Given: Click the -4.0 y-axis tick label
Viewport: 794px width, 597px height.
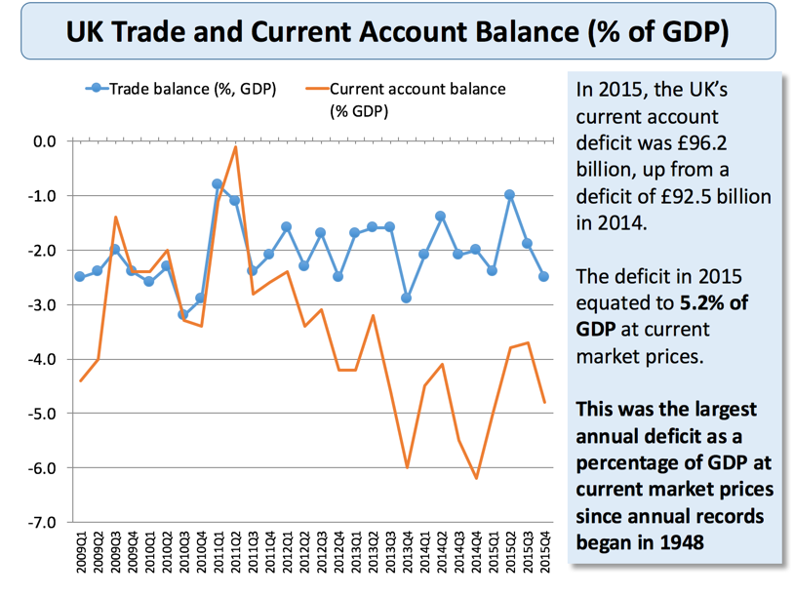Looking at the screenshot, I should click(x=45, y=360).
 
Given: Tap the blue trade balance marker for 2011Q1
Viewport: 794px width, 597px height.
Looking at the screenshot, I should click(x=218, y=183).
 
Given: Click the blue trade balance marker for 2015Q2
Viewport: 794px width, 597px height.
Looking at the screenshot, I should click(x=509, y=195).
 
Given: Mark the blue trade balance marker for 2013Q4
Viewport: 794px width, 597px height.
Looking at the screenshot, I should click(x=407, y=298).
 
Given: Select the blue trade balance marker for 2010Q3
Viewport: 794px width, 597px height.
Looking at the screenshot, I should click(x=183, y=314).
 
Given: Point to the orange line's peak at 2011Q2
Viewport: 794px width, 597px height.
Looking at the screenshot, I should click(x=235, y=147).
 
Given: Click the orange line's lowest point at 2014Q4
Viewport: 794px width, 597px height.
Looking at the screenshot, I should click(x=476, y=478).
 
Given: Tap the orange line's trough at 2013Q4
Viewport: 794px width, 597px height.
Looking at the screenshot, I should click(x=407, y=467).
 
